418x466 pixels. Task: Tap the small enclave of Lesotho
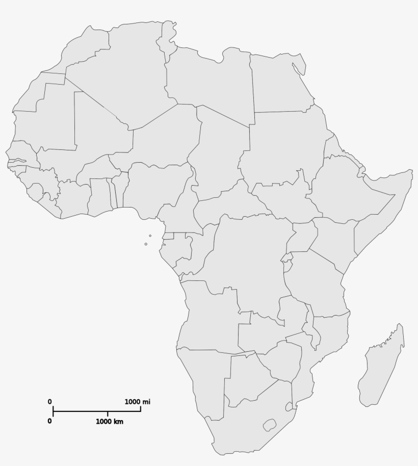tap(269, 424)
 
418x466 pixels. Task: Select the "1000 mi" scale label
tap(138, 402)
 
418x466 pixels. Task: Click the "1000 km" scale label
tap(110, 422)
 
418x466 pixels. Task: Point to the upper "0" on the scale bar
tap(50, 402)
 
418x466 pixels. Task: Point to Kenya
tap(334, 240)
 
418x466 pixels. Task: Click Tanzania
tap(316, 286)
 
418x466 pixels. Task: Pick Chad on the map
tap(219, 153)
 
